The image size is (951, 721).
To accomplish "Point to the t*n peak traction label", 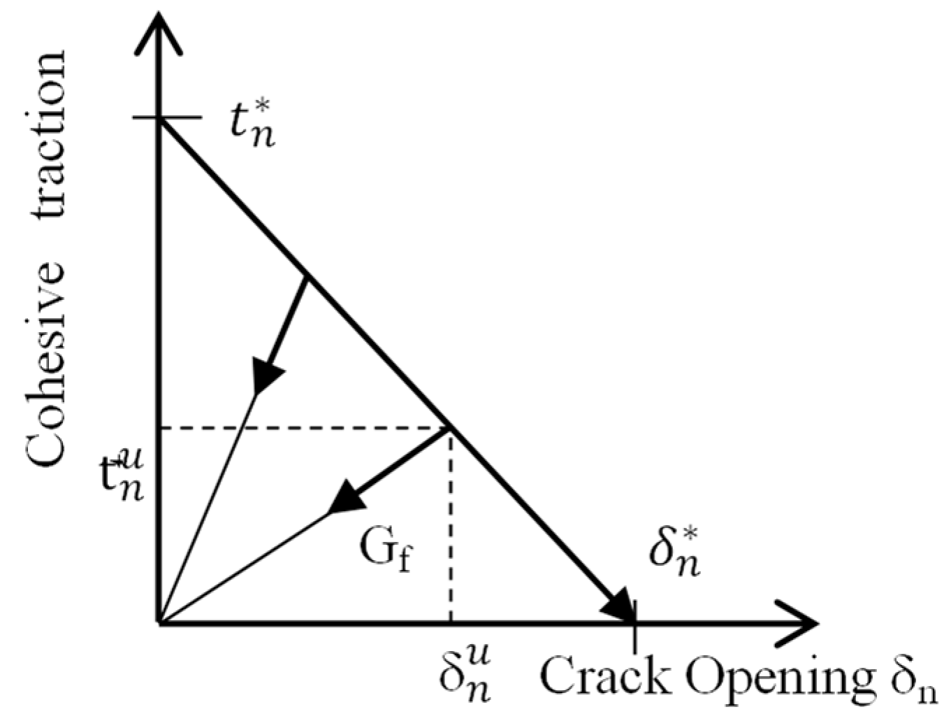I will (253, 125).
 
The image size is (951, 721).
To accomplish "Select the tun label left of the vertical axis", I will (123, 476).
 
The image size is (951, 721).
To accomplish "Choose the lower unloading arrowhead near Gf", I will (347, 498).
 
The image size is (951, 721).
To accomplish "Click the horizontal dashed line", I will (300, 428).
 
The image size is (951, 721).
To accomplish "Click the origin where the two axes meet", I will (161, 621).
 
